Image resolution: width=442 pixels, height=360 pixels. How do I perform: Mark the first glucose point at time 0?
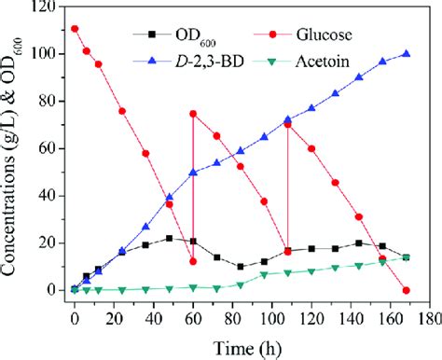tap(75, 29)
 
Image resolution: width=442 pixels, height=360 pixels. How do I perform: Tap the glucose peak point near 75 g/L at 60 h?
tap(193, 114)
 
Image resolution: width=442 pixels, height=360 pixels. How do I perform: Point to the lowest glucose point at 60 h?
tap(193, 261)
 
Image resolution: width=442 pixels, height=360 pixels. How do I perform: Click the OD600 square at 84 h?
tap(241, 267)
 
